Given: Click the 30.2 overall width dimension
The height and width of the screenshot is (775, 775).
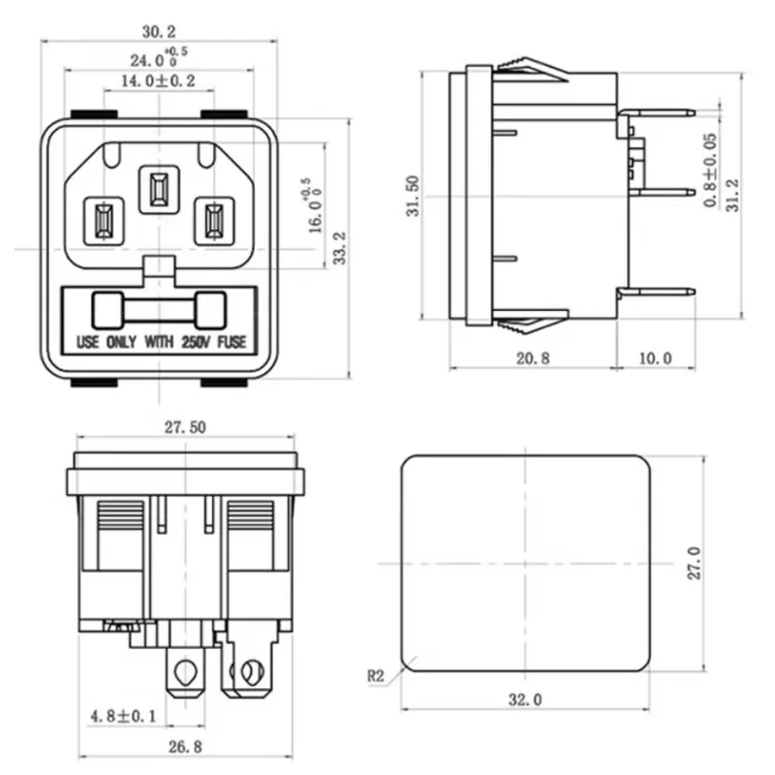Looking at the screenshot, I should click(157, 32).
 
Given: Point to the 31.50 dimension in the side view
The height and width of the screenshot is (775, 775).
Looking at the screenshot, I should click(413, 196).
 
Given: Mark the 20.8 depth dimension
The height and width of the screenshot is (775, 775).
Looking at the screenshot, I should click(532, 358).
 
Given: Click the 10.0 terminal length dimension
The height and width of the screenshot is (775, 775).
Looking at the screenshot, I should click(655, 358).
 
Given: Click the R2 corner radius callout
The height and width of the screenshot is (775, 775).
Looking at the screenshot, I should click(377, 677).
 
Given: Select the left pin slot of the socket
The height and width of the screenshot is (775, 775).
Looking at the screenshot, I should click(102, 220).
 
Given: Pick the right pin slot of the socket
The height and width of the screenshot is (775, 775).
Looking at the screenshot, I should click(210, 220).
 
